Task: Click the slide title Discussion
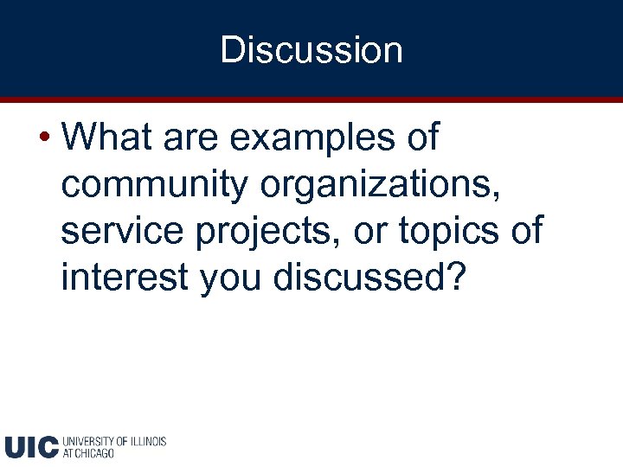311,50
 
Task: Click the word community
151,186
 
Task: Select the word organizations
375,186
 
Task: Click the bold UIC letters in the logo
31,446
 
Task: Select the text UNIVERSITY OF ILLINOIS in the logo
114,441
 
